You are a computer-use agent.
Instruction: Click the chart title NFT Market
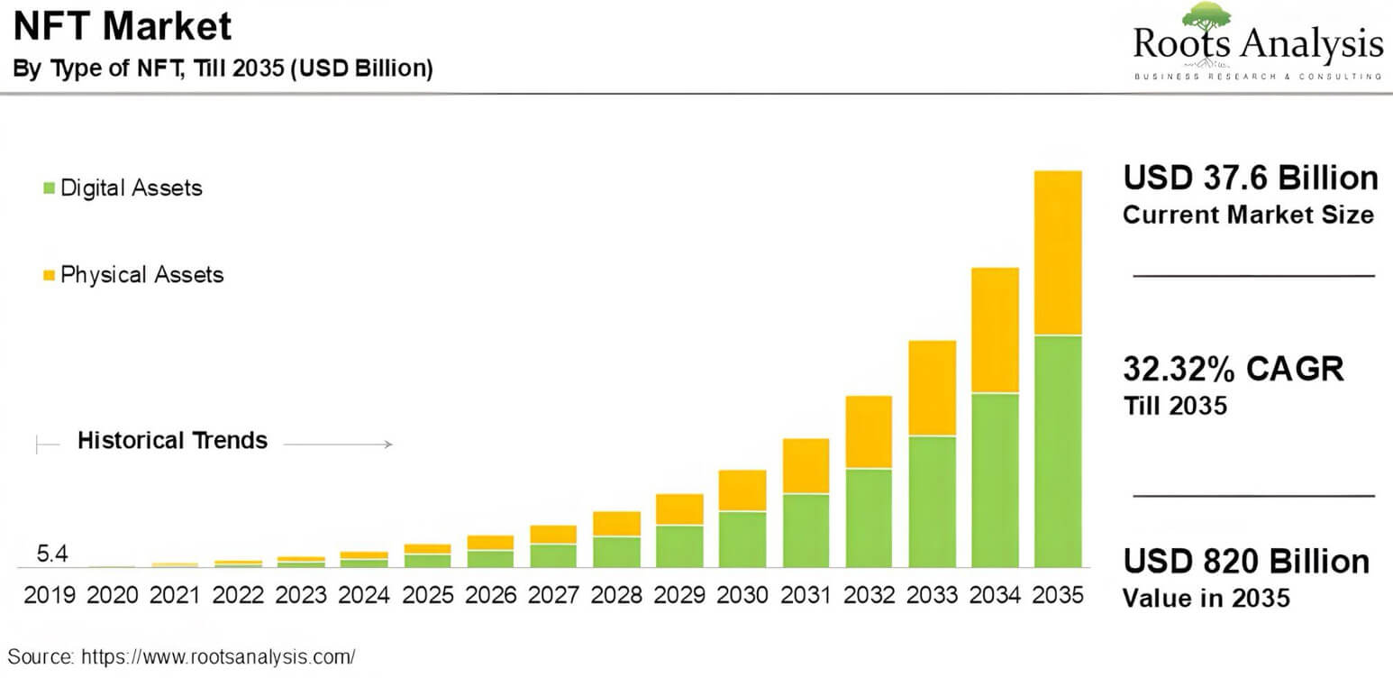pos(123,27)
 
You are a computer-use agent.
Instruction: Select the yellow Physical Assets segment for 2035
pos(1058,252)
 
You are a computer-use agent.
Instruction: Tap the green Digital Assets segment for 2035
pos(1058,451)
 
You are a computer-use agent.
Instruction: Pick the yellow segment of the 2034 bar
pos(995,330)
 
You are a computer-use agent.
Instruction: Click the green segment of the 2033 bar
pos(932,501)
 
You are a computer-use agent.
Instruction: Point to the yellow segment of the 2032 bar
pos(869,432)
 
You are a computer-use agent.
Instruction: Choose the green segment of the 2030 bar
pos(742,539)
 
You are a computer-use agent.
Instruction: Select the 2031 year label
pos(806,596)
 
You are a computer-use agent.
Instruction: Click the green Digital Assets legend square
pos(50,188)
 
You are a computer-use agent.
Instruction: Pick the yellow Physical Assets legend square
pos(50,274)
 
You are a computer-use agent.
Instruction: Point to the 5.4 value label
pos(52,554)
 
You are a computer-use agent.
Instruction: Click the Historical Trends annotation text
pos(172,440)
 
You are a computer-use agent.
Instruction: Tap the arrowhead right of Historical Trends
pos(388,444)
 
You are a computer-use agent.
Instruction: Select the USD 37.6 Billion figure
pos(1250,178)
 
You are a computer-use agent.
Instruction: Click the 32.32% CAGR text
pos(1233,369)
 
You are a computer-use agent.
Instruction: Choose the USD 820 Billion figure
pos(1245,561)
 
